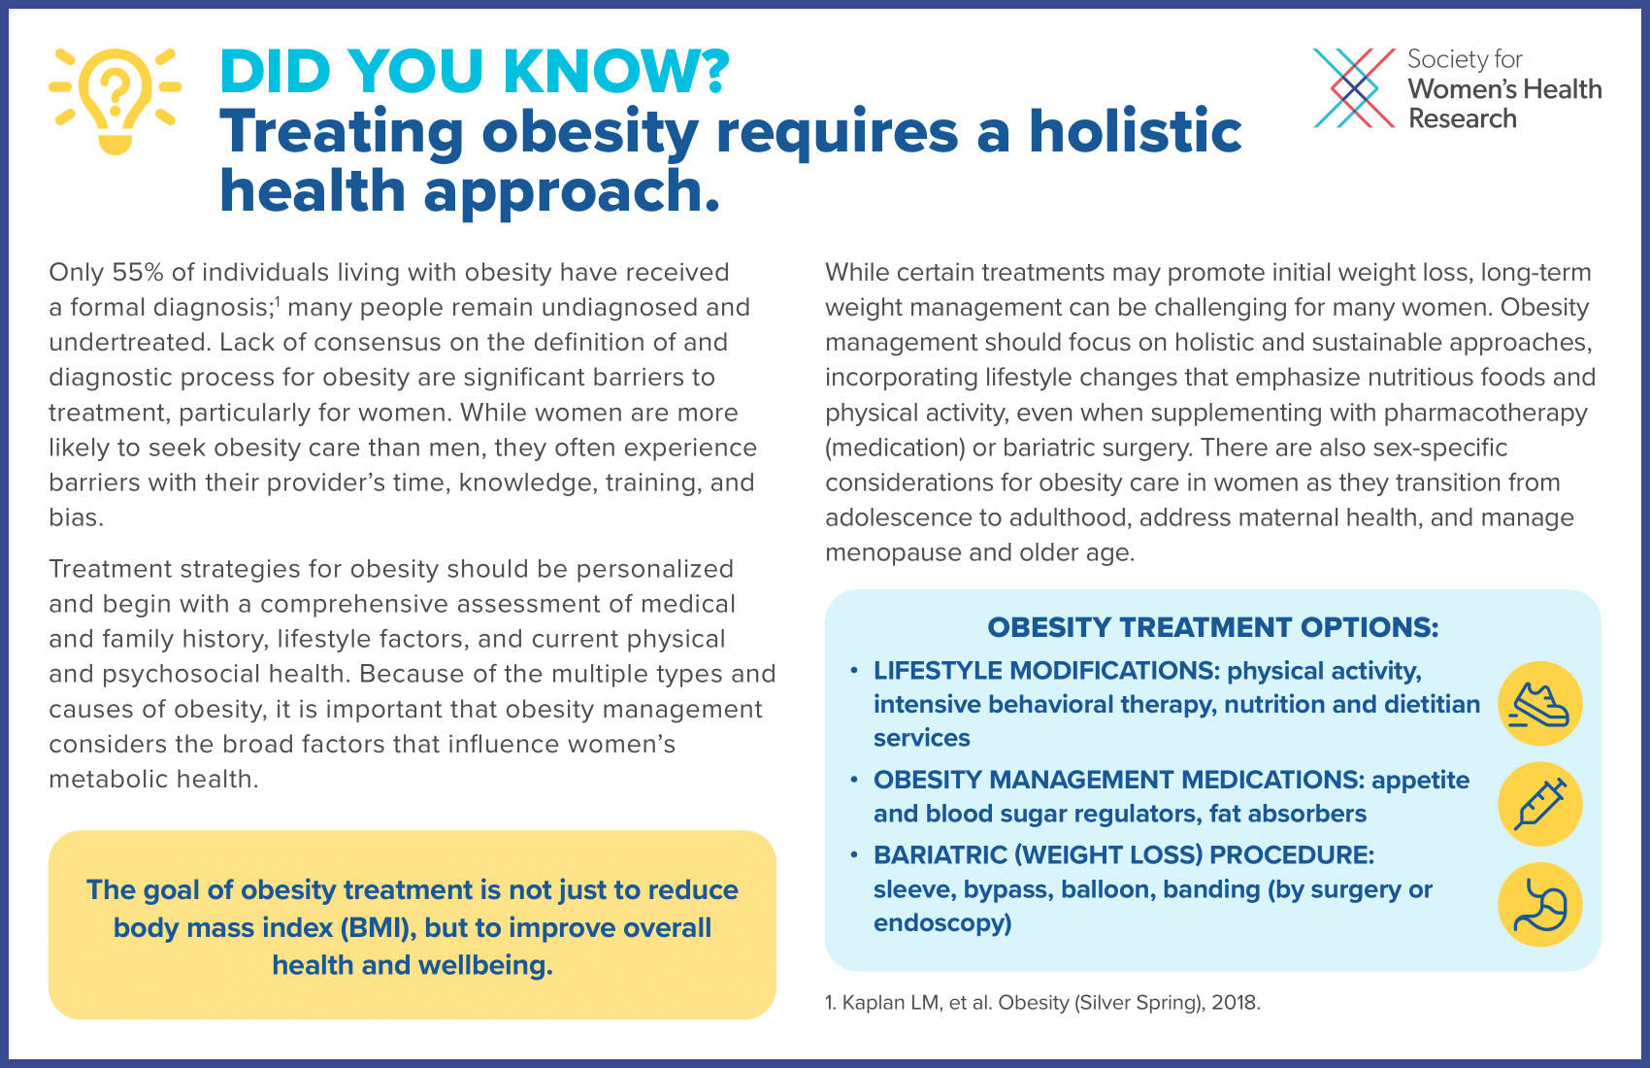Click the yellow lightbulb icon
(x=115, y=101)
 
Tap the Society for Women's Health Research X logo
(x=1354, y=87)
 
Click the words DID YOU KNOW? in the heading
(x=475, y=72)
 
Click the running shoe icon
(x=1539, y=704)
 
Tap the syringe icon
(x=1539, y=804)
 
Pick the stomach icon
(x=1539, y=904)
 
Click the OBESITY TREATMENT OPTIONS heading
(x=1212, y=627)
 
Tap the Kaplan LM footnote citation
(x=1042, y=1002)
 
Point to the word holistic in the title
(x=1136, y=131)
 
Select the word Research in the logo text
(x=1462, y=118)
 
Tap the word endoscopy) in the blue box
(x=942, y=922)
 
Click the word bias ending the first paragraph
(x=76, y=517)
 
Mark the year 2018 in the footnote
(x=1236, y=1002)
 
